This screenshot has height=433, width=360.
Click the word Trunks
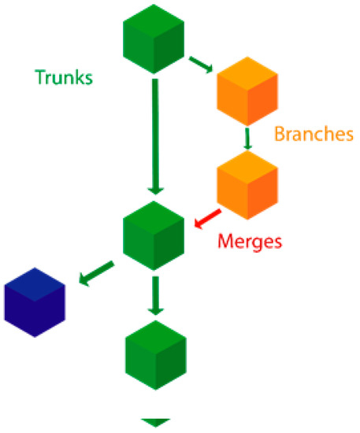pos(63,77)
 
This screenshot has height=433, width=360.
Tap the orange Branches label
pos(313,134)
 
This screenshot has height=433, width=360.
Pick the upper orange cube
pos(247,94)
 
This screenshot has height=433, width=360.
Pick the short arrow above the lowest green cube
pos(156,295)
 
